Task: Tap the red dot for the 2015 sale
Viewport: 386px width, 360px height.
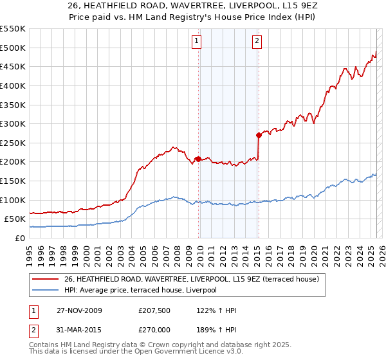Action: [x=259, y=135]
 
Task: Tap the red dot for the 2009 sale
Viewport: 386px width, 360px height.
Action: [x=198, y=159]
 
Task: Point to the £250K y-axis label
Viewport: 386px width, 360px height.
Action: [x=13, y=143]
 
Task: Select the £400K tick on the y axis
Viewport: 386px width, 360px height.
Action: [x=13, y=85]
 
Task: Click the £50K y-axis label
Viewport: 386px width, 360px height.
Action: [x=15, y=219]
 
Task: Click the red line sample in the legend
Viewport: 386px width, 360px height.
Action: [x=46, y=280]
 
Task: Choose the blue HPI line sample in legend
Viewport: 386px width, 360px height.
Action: [x=46, y=290]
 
